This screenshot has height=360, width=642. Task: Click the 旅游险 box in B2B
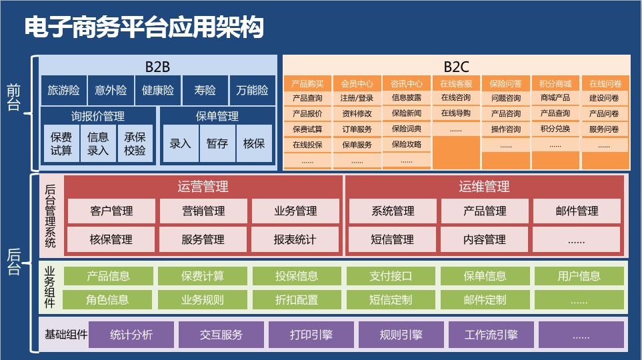pos(63,90)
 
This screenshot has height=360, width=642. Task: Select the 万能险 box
pos(252,90)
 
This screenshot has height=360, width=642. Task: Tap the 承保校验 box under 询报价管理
pos(135,143)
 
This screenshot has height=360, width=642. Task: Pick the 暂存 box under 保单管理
pos(217,143)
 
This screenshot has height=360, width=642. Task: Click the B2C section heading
pos(457,67)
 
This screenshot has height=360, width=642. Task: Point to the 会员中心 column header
pos(357,83)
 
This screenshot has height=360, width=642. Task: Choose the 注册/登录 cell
pos(357,98)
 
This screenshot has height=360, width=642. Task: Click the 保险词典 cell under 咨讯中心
pos(407,129)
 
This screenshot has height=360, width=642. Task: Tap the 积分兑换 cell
pos(555,129)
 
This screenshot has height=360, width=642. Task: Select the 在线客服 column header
pos(456,83)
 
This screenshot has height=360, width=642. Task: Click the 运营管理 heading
pos(203,187)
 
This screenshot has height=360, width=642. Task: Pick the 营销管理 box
pos(203,211)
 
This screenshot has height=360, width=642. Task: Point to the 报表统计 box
pos(295,239)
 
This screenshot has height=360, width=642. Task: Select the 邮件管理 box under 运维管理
pos(577,211)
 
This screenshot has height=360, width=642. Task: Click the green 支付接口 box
pos(391,276)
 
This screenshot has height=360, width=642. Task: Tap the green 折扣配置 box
pos(297,300)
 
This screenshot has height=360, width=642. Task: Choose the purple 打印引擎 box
pos(311,335)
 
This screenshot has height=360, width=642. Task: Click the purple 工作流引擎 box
pos(491,335)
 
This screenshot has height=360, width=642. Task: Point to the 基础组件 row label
pos(66,335)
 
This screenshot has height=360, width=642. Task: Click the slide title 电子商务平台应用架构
pos(144,27)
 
